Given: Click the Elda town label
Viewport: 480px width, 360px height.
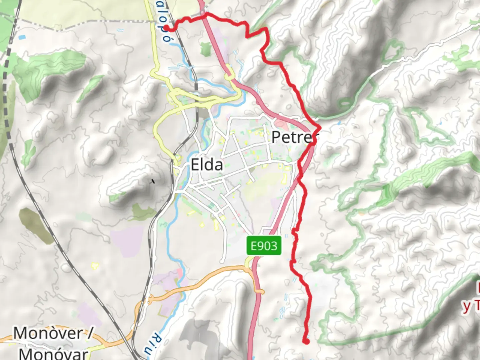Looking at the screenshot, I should pos(207,165).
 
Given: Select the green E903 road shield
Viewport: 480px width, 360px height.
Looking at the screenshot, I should pos(264,246).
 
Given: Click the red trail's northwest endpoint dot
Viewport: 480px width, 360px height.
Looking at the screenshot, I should pos(166,28).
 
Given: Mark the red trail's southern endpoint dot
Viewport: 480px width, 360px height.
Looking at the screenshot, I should pos(306,341).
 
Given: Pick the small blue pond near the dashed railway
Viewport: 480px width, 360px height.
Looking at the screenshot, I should pos(22,37).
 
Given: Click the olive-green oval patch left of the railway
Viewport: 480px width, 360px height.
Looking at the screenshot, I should pos(35,225).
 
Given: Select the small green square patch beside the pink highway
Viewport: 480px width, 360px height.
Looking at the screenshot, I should pos(206,49).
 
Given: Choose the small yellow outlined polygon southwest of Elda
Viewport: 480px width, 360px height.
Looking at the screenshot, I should pos(95,266).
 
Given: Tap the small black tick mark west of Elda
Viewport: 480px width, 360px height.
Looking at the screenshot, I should pos(153,181).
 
